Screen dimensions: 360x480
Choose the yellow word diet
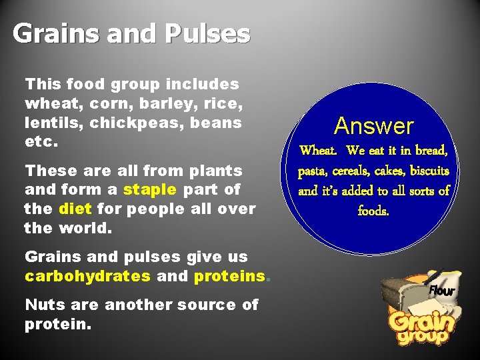(x=75, y=209)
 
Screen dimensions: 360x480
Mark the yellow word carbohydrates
(x=87, y=276)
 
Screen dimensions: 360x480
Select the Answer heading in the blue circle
(x=374, y=125)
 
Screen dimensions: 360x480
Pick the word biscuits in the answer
(x=426, y=171)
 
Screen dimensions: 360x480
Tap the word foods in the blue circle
(x=373, y=211)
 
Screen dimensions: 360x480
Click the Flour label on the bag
(x=441, y=291)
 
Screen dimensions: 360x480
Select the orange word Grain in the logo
(x=421, y=321)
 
